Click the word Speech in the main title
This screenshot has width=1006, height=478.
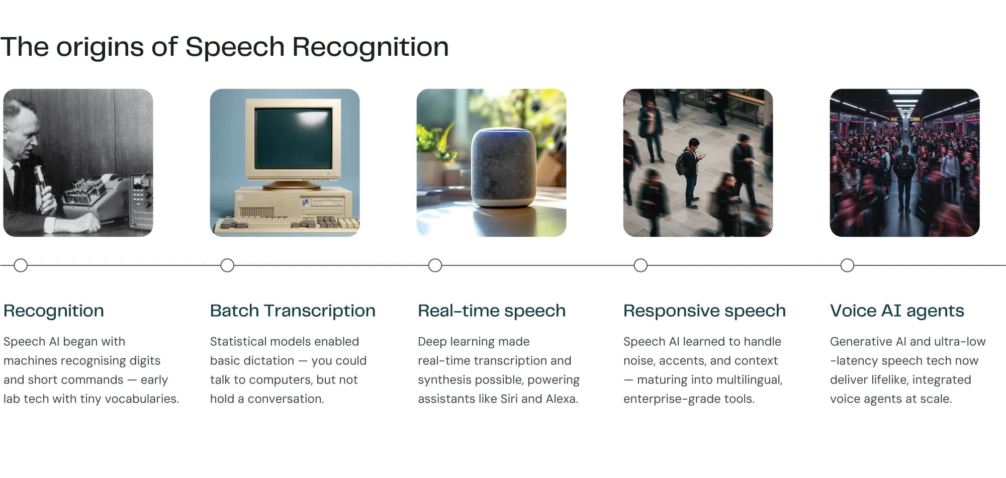[235, 48]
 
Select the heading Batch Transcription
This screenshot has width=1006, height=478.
[293, 311]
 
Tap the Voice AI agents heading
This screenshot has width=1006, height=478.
[897, 311]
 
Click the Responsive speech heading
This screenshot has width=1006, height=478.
[704, 311]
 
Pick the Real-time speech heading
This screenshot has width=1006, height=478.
[492, 311]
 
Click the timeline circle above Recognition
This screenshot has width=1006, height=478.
[21, 265]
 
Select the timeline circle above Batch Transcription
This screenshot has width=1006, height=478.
[227, 265]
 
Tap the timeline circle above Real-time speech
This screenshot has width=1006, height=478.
[435, 265]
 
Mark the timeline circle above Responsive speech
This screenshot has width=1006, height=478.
[641, 265]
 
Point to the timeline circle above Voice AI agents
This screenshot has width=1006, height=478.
[847, 265]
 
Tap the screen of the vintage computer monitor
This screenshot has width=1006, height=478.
[293, 138]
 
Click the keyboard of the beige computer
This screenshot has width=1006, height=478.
[287, 223]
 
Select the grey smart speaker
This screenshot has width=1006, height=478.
[503, 167]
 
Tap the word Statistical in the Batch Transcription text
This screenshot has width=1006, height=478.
[235, 342]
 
